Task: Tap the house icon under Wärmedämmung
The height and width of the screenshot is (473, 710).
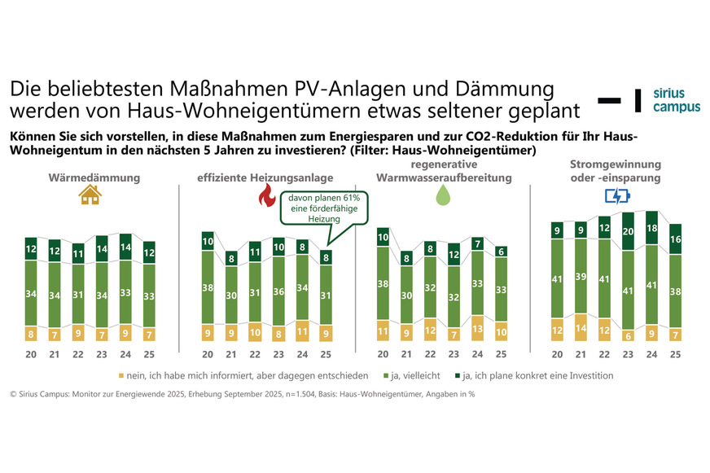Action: coord(90,194)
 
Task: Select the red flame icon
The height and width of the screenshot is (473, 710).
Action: coord(265,195)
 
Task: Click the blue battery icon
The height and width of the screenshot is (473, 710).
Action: coord(616,196)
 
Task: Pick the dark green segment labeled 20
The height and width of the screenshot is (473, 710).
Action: coord(628,231)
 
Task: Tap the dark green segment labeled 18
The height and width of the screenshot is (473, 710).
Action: coord(651,229)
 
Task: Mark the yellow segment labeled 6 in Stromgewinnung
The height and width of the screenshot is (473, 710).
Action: coord(628,334)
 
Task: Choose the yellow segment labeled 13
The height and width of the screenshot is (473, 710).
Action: coord(478,328)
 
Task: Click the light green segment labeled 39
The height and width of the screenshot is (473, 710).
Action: coord(581,276)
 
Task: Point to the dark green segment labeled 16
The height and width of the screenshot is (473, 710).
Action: coord(675,240)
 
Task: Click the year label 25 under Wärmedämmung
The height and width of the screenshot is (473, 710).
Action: coord(148,354)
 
